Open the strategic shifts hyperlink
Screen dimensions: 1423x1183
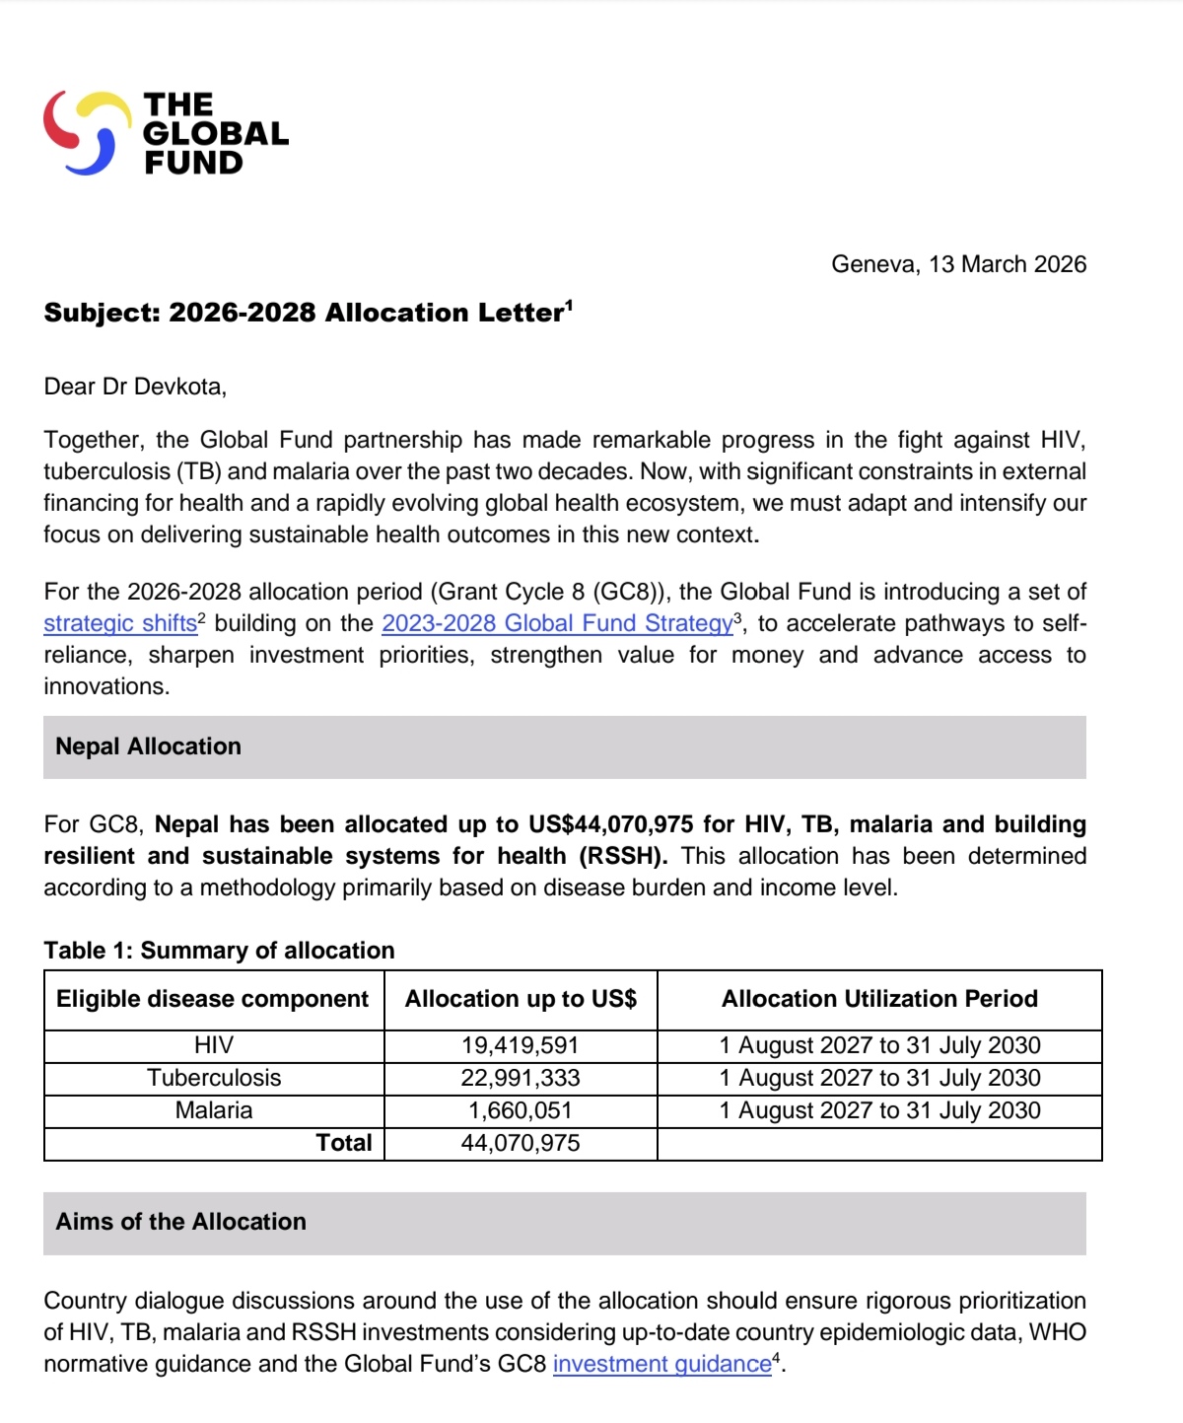[119, 623]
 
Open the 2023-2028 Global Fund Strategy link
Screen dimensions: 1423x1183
[557, 623]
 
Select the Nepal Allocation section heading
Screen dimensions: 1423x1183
[148, 747]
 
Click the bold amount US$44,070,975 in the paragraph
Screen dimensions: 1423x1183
[610, 824]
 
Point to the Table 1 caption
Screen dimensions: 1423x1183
[219, 951]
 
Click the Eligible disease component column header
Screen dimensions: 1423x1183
[212, 999]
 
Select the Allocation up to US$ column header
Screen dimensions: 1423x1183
[521, 999]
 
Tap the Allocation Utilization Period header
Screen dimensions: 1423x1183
[879, 999]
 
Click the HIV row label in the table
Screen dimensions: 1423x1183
[214, 1045]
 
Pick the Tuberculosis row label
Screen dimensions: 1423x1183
[214, 1078]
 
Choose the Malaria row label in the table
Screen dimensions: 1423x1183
[214, 1110]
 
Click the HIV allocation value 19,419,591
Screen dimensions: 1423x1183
[521, 1045]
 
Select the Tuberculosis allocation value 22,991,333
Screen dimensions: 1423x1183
[521, 1078]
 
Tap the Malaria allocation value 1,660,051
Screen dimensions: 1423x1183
[521, 1110]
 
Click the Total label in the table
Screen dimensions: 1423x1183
[343, 1143]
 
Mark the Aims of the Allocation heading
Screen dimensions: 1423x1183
[180, 1222]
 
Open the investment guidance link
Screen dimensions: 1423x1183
[661, 1364]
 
